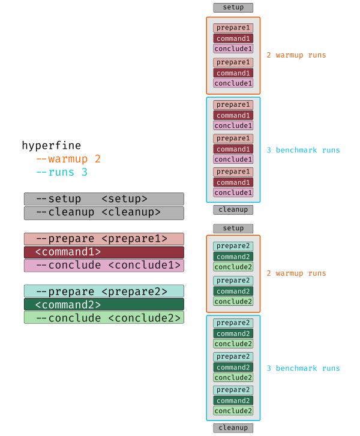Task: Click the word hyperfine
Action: pos(51,146)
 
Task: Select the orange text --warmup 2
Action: pos(68,159)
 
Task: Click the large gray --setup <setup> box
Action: pos(104,199)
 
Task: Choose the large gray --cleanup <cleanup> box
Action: pos(104,212)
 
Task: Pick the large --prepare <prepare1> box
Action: pos(104,239)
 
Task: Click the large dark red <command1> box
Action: pos(104,252)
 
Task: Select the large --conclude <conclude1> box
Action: pos(104,265)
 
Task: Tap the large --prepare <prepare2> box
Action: pos(104,291)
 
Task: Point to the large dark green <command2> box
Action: pos(104,304)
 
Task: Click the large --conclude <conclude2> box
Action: pos(104,317)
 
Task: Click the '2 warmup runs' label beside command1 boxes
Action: pos(296,55)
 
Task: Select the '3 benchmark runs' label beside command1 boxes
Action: pos(303,150)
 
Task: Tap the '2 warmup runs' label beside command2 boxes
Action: pos(296,273)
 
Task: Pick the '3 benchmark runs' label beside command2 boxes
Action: pos(303,368)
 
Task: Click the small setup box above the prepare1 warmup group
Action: pos(233,8)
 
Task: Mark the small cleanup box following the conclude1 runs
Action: pos(233,210)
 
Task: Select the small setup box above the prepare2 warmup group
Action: pos(233,228)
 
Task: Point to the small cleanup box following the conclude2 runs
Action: pos(233,428)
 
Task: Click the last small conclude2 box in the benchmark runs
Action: pos(233,411)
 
